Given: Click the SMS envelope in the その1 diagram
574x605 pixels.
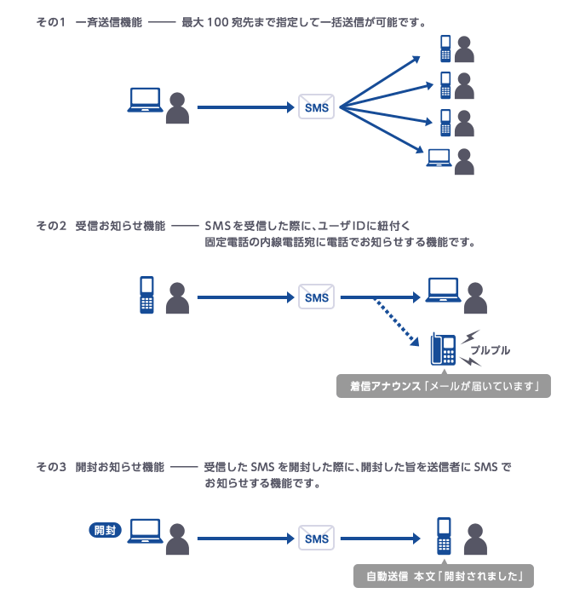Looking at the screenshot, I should pos(316,107).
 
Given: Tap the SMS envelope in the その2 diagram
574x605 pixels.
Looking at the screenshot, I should pos(316,297).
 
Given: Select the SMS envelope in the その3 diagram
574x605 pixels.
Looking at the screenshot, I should pos(316,539).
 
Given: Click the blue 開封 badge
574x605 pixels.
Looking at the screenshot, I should pos(106,530).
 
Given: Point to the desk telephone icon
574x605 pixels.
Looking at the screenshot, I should pos(444,348).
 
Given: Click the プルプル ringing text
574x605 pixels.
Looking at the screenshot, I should pos(490,349).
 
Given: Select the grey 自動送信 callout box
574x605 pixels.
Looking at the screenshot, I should pos(445,576).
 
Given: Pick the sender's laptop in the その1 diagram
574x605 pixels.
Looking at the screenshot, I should pos(145,101).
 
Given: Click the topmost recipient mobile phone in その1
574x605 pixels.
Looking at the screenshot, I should pos(445,49).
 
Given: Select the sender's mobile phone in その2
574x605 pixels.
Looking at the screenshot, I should pos(146,294).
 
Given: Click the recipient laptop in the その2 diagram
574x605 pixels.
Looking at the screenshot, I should pos(443,290).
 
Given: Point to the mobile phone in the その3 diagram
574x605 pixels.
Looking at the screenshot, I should pos(443,534).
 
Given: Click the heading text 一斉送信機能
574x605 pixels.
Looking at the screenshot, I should pos(108,21).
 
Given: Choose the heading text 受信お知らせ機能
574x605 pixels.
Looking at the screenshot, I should pos(120,226).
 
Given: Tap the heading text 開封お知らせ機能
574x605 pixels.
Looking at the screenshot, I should pos(120,467).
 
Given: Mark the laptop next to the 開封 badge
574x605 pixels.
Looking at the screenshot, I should pos(145,530).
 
